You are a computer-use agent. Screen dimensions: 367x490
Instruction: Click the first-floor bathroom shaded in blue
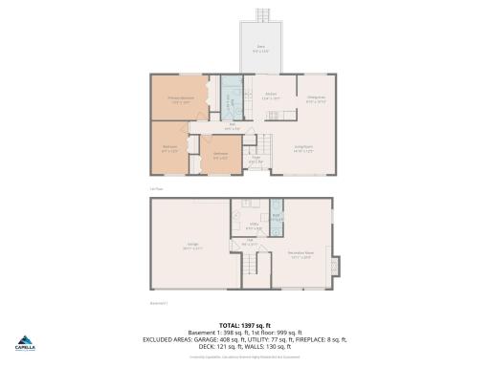click(x=229, y=98)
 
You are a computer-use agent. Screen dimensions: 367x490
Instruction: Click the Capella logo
click(x=25, y=345)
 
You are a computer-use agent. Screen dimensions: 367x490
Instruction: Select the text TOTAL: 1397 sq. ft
click(x=245, y=324)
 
